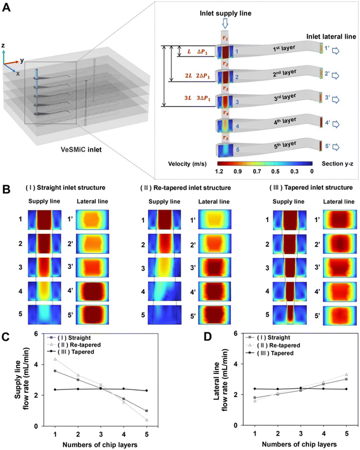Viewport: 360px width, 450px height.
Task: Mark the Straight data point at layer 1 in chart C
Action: [54, 371]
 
